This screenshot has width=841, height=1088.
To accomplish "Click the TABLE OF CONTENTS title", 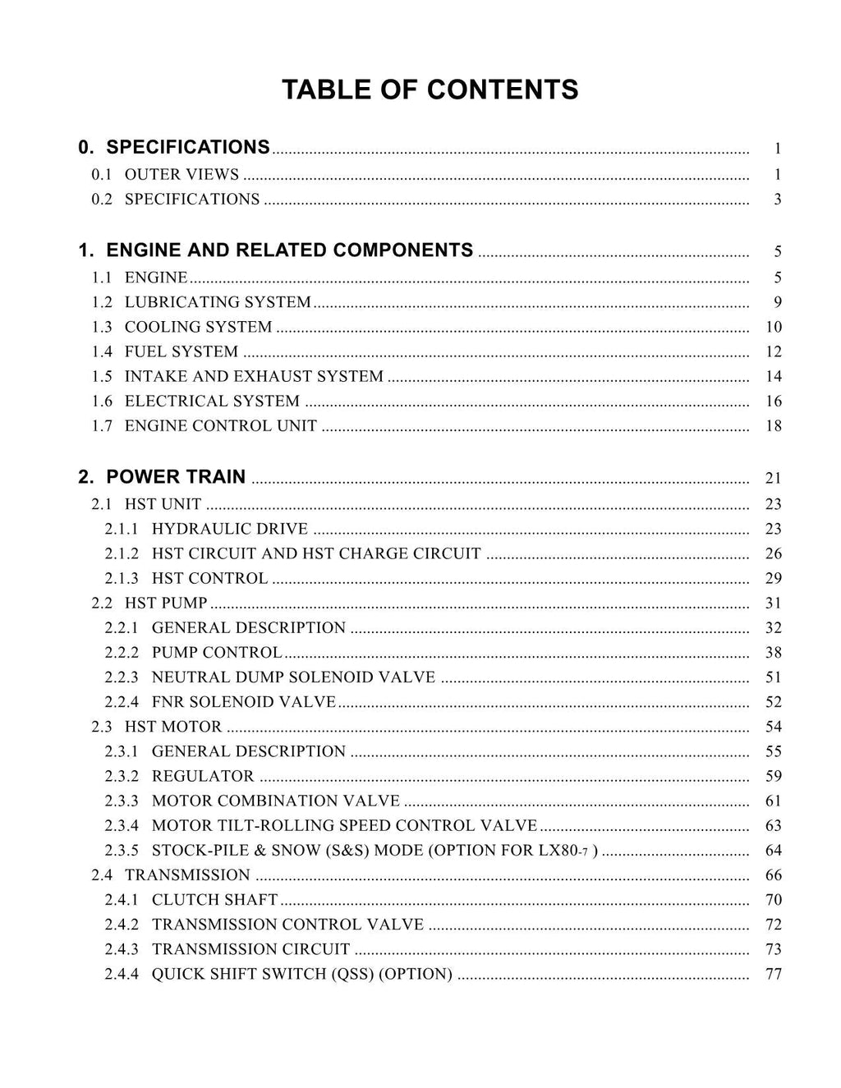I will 430,90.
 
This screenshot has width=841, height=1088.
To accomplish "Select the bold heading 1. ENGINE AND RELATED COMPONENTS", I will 276,250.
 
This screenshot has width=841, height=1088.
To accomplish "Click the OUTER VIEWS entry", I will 182,175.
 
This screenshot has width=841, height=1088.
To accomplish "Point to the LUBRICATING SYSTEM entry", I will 218,302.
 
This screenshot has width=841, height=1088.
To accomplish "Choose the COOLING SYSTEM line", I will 198,327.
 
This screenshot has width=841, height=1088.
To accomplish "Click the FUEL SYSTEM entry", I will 181,351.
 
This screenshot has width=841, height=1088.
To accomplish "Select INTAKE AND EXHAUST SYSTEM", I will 254,376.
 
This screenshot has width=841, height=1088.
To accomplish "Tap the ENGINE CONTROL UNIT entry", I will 220,425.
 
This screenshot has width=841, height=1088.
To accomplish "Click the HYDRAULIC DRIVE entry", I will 230,529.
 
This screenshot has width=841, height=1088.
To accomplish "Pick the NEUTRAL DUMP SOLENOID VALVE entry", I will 293,677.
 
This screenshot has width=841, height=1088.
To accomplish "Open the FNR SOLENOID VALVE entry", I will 244,702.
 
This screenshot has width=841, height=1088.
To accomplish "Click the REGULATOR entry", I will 203,776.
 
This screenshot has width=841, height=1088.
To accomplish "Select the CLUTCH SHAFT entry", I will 214,900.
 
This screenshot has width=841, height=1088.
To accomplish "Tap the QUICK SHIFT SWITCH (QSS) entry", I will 301,974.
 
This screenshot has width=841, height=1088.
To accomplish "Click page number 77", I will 774,975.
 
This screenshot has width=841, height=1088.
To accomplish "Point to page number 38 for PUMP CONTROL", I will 774,653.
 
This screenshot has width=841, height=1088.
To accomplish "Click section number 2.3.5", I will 122,851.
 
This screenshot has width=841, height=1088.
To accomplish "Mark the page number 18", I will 774,426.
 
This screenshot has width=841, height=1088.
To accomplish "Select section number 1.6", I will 102,402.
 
